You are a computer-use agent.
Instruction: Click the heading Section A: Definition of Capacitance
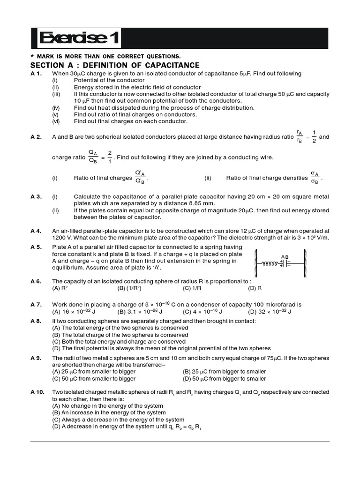pyautogui.click(x=115, y=65)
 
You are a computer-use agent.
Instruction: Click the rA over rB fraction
pyautogui.click(x=300, y=137)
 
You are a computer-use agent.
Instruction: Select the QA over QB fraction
pyautogui.click(x=93, y=157)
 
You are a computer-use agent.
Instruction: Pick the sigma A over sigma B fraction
pyautogui.click(x=314, y=178)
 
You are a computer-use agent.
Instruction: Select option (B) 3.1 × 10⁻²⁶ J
pyautogui.click(x=140, y=311)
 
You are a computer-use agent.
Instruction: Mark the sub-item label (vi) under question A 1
pyautogui.click(x=55, y=121)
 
